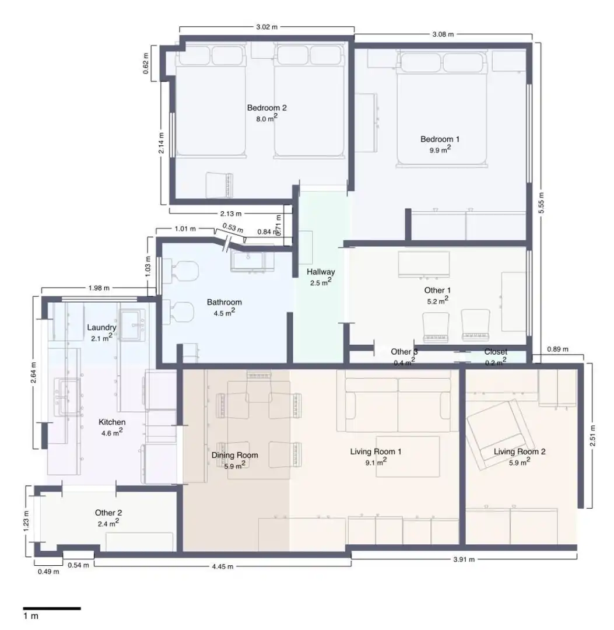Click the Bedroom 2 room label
click(266, 108)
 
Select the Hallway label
click(321, 272)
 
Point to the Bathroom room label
click(224, 302)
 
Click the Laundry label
click(101, 327)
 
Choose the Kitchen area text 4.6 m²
click(112, 432)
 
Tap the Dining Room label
click(234, 455)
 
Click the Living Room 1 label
click(376, 452)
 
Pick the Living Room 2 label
click(519, 452)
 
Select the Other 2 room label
click(108, 513)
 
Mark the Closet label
click(496, 352)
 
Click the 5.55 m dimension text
click(541, 204)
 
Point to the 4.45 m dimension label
click(223, 566)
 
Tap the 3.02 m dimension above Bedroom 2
click(266, 27)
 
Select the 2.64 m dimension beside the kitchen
click(33, 372)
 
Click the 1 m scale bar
click(52, 608)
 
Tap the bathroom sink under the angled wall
click(248, 261)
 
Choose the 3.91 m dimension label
click(464, 559)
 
